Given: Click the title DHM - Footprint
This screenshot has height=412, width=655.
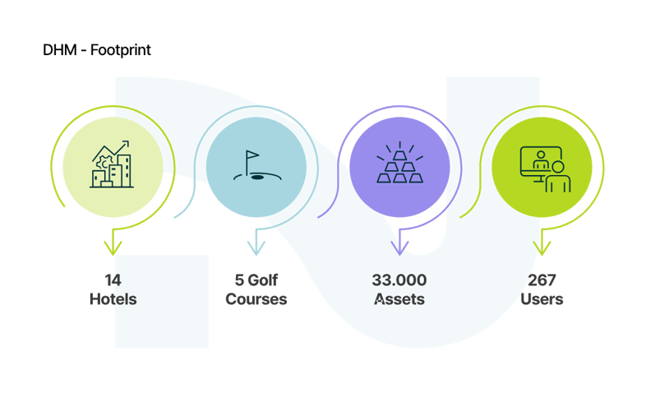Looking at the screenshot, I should (x=97, y=51).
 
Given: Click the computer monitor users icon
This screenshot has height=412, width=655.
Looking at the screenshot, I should (x=542, y=168).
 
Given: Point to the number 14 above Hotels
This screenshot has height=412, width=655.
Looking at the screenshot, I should (x=113, y=280).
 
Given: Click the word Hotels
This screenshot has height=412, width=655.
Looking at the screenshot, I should (x=113, y=299).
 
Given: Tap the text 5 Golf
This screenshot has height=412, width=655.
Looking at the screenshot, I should (x=256, y=280).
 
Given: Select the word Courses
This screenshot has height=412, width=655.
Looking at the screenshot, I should (x=256, y=299).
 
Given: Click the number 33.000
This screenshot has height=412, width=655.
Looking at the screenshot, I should (x=399, y=280).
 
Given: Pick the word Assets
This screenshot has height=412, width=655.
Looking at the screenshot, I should (x=399, y=299).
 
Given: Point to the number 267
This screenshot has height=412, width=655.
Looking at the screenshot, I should (x=542, y=280).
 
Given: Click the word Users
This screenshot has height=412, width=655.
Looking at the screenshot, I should (x=542, y=299).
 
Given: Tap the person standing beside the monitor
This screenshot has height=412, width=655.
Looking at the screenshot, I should (x=559, y=176).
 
